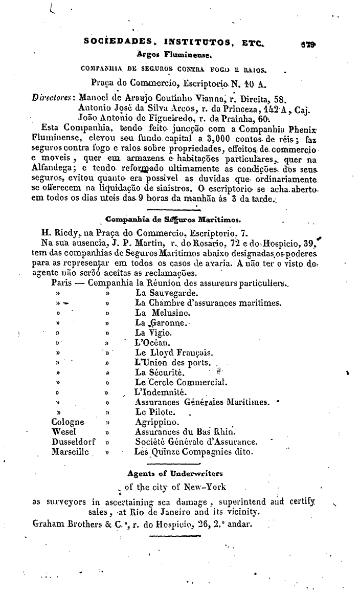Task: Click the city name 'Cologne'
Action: tap(68, 422)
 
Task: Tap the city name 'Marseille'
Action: tap(70, 451)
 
